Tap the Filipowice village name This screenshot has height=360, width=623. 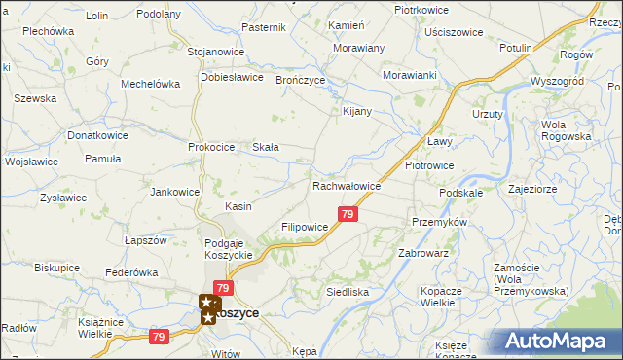point(305,226)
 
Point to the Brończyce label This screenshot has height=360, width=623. point(300,80)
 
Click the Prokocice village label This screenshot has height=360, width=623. point(212,147)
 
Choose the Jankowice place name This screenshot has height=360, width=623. point(174,192)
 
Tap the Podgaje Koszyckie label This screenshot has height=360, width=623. point(229,249)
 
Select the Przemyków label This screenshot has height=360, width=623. point(440,222)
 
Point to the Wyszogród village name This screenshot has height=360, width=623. point(557,81)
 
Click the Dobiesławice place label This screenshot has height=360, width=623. point(233,76)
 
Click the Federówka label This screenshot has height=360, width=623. point(131,272)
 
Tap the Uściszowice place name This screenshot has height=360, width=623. point(454,32)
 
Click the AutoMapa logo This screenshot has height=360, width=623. point(558,341)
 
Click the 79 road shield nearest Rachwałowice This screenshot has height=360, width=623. point(348,214)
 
